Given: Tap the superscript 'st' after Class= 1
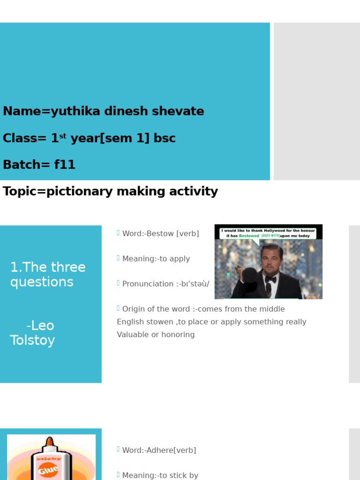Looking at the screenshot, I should point(63,136).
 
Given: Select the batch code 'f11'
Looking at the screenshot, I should point(65,165).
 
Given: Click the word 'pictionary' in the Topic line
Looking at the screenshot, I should point(75,192).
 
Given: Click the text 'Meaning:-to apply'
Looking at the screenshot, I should point(156,259).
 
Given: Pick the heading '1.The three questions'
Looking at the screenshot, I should point(48,275).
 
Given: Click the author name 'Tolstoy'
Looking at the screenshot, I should point(32,340).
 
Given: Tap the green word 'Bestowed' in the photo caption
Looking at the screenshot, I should point(249,236).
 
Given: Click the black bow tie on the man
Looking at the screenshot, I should point(270,279).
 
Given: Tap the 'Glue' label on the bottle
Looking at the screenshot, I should point(49,469).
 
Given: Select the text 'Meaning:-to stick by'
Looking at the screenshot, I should point(160,475).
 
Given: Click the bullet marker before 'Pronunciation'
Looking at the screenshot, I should point(118,283).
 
